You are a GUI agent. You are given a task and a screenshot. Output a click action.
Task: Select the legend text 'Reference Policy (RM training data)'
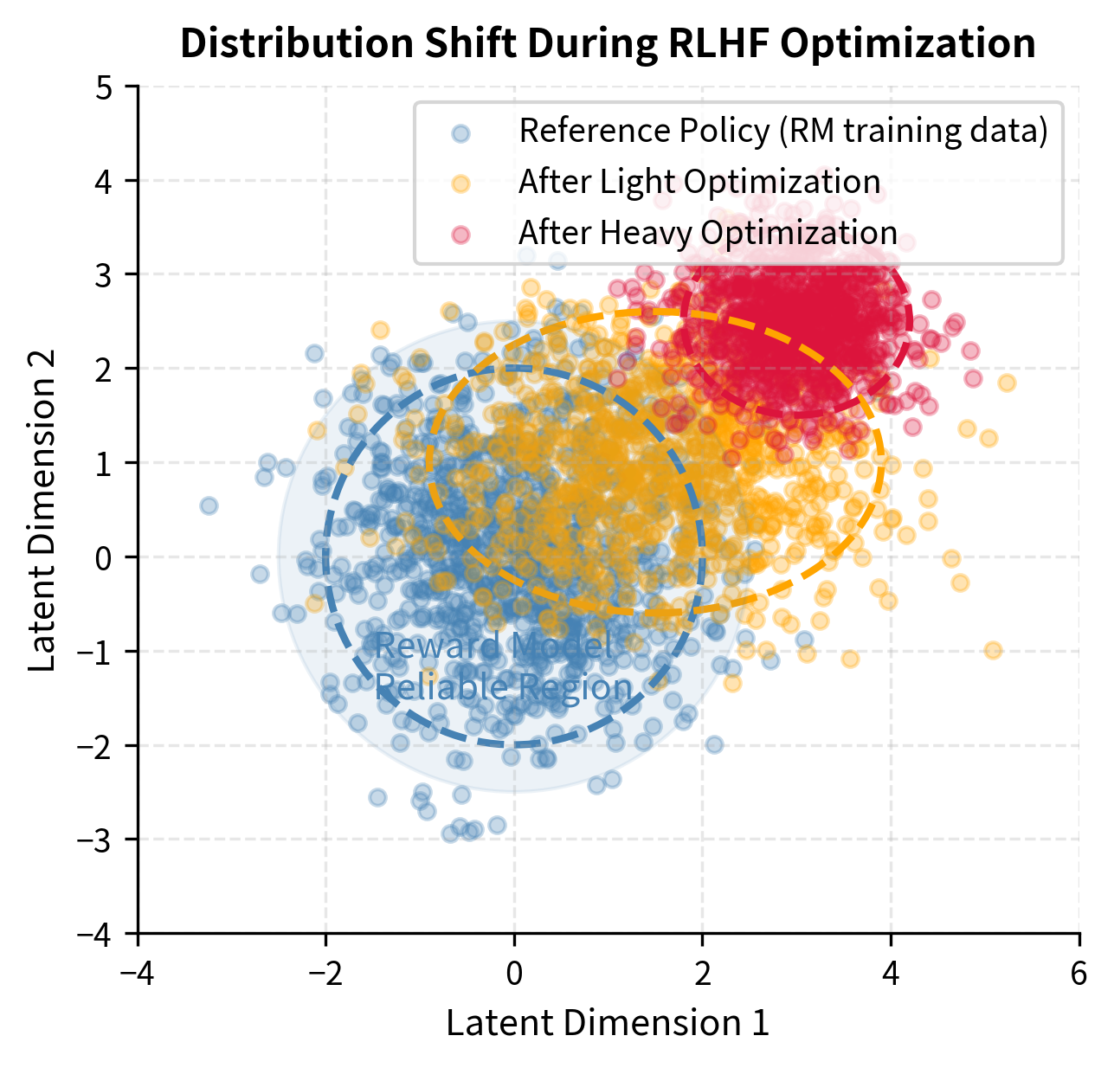click(782, 132)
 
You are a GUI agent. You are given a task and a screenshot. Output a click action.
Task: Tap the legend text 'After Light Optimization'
click(699, 183)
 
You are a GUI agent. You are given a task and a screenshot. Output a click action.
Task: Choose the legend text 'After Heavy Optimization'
click(707, 234)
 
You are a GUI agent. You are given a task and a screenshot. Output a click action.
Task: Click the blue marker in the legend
click(462, 132)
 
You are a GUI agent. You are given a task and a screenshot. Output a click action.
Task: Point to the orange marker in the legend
click(462, 183)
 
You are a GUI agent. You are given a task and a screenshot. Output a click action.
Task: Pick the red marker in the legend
click(462, 235)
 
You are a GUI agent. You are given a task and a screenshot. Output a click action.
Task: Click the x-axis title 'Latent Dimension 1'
click(608, 1024)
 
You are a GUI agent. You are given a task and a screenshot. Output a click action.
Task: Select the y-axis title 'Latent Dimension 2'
click(42, 510)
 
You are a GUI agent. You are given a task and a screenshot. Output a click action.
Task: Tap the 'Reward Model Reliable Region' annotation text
click(503, 667)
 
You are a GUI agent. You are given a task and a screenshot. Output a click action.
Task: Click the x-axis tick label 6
click(1079, 974)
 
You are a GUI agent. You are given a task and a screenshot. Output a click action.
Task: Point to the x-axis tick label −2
click(325, 974)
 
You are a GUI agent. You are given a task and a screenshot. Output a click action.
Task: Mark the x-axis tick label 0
click(514, 974)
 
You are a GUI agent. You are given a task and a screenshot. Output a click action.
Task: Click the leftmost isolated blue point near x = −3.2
click(209, 505)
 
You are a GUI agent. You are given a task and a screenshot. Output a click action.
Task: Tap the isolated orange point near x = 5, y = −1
click(993, 650)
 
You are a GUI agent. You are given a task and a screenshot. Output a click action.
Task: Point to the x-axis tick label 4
click(891, 974)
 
